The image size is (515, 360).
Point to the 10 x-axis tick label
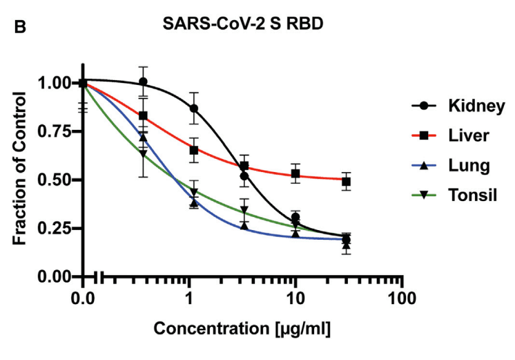pyautogui.click(x=295, y=301)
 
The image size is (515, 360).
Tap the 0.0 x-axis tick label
pyautogui.click(x=83, y=301)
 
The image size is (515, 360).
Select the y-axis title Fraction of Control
pyautogui.click(x=21, y=178)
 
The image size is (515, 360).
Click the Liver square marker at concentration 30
pyautogui.click(x=347, y=182)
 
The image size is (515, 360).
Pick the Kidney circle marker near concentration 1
pyautogui.click(x=194, y=108)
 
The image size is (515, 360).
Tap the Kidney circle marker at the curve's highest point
pyautogui.click(x=143, y=82)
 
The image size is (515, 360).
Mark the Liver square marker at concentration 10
pyautogui.click(x=295, y=173)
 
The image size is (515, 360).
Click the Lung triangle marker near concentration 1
pyautogui.click(x=194, y=203)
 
